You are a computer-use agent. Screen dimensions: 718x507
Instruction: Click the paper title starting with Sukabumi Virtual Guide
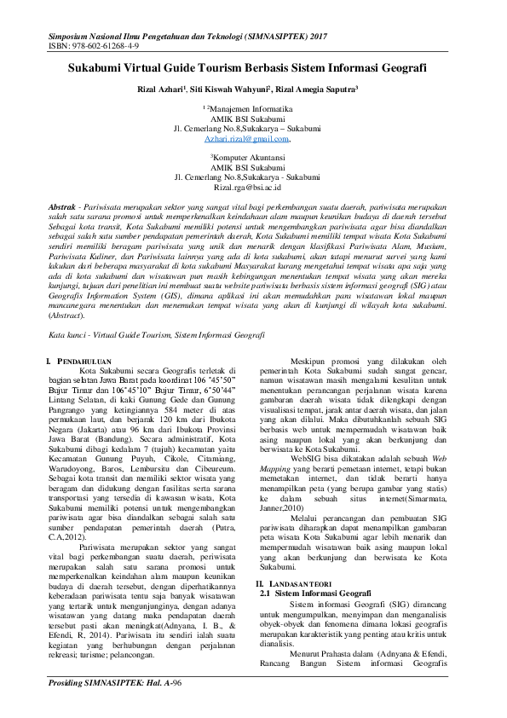pyautogui.click(x=253, y=67)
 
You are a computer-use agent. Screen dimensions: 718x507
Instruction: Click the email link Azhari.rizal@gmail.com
pyautogui.click(x=252, y=138)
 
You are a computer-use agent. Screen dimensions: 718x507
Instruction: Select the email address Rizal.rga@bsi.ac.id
pyautogui.click(x=253, y=187)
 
